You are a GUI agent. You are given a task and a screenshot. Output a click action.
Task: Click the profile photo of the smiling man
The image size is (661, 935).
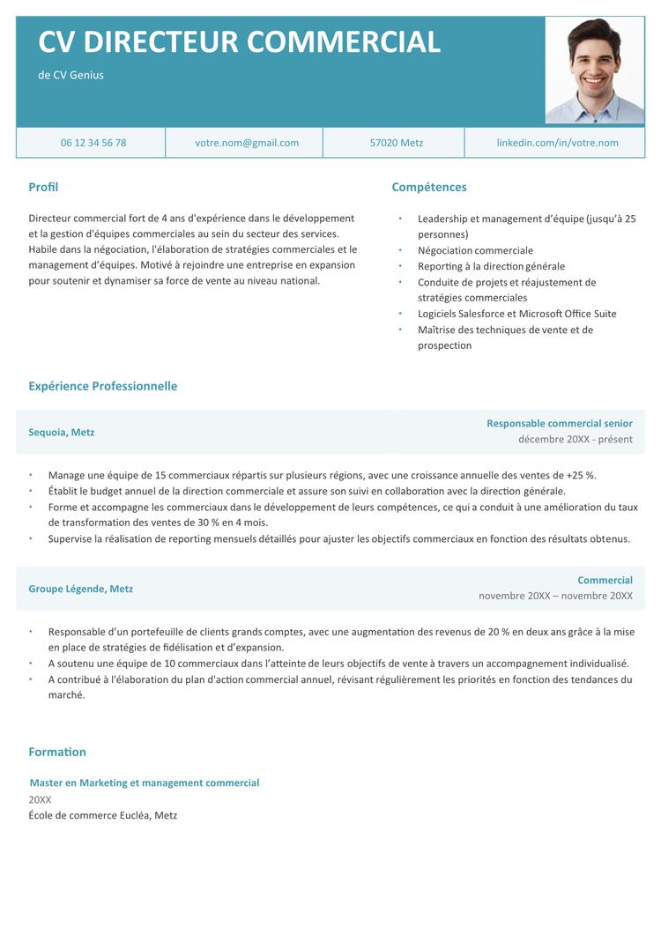(x=595, y=71)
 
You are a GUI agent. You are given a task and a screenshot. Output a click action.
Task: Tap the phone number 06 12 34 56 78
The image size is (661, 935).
(x=93, y=143)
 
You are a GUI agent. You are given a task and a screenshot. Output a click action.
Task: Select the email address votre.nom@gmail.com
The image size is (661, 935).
(x=247, y=143)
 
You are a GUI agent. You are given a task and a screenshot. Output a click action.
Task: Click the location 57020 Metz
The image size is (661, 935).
(x=397, y=143)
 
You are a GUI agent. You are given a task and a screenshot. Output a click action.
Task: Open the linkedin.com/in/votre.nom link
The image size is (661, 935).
(x=557, y=143)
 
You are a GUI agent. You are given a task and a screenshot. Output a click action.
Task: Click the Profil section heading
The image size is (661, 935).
(x=43, y=187)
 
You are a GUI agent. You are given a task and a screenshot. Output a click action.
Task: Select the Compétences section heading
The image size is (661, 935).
(x=429, y=187)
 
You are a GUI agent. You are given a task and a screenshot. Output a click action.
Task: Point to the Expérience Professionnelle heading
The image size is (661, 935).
(x=102, y=386)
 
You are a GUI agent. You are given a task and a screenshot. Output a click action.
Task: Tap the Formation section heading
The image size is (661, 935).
(x=57, y=752)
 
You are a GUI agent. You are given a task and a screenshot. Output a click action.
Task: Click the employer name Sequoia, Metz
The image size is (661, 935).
(x=62, y=433)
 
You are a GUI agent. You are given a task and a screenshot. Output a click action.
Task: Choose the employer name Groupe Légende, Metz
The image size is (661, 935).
(x=81, y=589)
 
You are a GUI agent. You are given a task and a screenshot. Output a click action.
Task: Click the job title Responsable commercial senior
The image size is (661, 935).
(x=560, y=424)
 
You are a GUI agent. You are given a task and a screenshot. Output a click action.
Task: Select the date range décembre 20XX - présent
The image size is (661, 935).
(x=576, y=439)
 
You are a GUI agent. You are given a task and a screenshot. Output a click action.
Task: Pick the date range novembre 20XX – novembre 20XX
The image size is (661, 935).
(x=555, y=596)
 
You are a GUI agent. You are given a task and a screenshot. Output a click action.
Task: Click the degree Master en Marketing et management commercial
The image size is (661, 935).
(x=145, y=783)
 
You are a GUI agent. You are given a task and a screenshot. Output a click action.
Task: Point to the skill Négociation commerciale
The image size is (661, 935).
(x=475, y=250)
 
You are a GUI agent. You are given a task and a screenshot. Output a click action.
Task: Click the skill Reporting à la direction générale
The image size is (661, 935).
(x=491, y=266)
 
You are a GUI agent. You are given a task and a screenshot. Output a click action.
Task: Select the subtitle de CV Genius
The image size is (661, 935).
(x=71, y=75)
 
